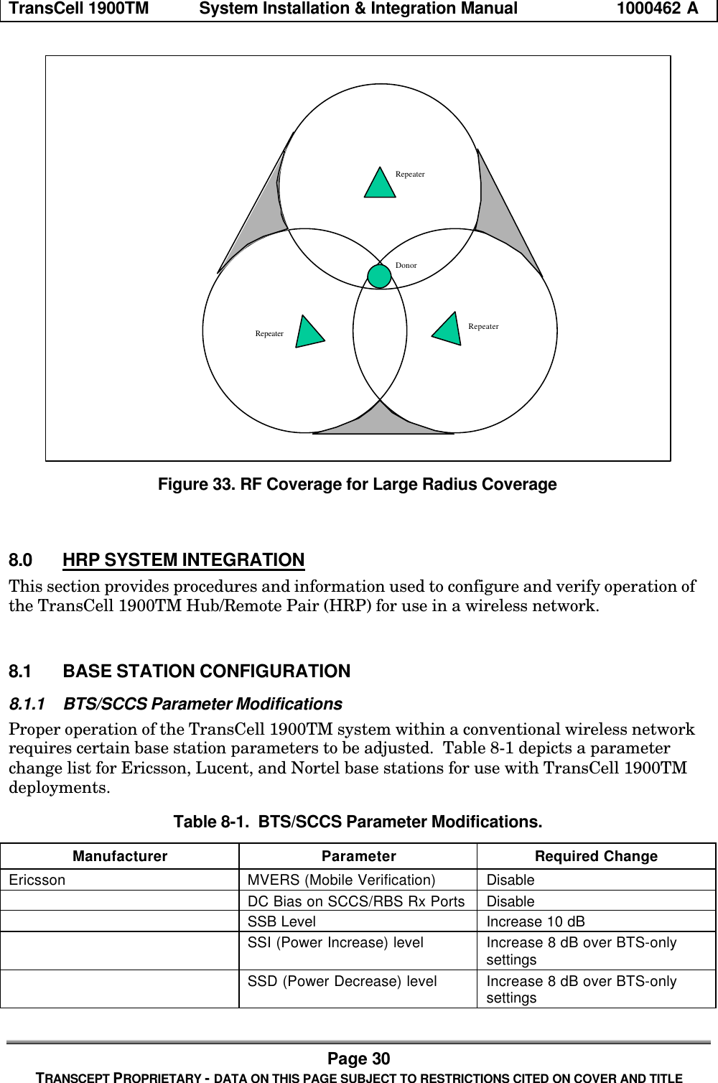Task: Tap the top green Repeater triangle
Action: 380,184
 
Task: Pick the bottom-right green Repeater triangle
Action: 448,329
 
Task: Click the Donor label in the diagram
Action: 406,266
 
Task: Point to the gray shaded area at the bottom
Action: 383,424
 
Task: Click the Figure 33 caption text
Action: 357,485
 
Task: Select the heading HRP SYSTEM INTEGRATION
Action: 183,559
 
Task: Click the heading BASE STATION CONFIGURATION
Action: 206,671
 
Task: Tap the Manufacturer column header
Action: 120,856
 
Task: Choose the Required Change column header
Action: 596,856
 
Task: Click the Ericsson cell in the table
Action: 37,880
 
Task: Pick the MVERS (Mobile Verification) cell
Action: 341,880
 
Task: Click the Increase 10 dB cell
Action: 535,921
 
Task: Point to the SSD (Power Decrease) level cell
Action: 342,981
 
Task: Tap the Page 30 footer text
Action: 358,1059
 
